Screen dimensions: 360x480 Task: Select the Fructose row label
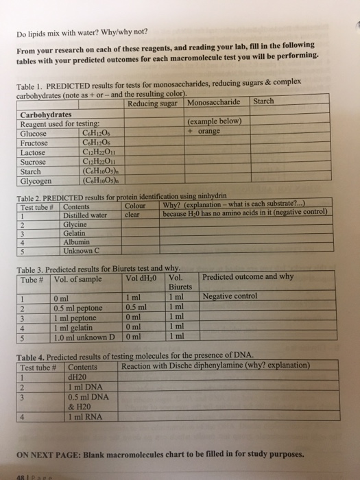pyautogui.click(x=35, y=143)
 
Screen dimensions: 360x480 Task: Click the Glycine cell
pyautogui.click(x=75, y=224)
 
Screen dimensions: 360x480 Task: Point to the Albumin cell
pyautogui.click(x=77, y=241)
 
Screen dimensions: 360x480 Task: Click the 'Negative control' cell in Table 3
pyautogui.click(x=230, y=297)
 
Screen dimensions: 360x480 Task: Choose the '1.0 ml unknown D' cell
pyautogui.click(x=84, y=336)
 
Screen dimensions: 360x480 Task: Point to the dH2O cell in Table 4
pyautogui.click(x=76, y=376)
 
